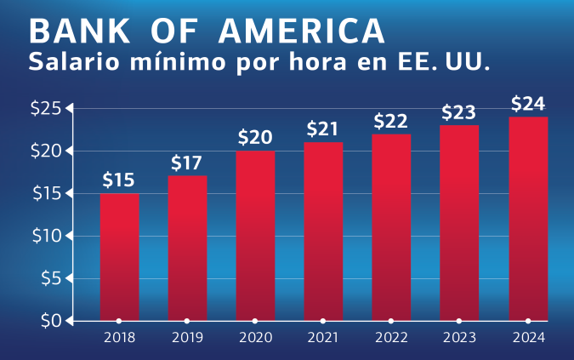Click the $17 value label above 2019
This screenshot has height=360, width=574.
(x=187, y=162)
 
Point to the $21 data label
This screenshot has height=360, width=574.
(x=323, y=129)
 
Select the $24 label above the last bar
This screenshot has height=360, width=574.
(x=528, y=104)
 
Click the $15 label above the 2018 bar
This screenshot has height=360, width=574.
(x=119, y=180)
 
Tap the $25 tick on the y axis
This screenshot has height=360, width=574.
(x=44, y=108)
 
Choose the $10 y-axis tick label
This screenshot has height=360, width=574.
(x=44, y=236)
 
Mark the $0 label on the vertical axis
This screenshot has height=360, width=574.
(x=49, y=321)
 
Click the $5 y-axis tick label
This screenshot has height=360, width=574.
(x=49, y=278)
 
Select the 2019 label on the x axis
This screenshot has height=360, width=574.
(x=187, y=338)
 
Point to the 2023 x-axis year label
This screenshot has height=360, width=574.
(x=459, y=338)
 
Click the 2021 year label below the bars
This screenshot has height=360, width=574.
(x=323, y=338)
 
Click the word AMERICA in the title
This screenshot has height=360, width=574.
(x=301, y=31)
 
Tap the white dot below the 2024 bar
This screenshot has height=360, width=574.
(x=528, y=321)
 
